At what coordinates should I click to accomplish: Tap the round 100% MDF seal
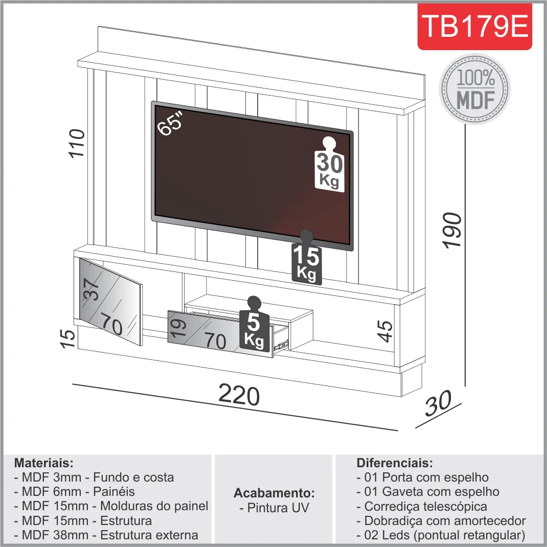tap(475, 88)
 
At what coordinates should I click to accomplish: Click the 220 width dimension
tap(239, 395)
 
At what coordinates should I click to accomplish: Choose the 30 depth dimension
tap(439, 404)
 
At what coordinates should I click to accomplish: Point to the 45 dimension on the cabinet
tap(386, 331)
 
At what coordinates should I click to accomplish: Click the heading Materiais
tap(44, 463)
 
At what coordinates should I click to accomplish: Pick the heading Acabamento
tap(274, 493)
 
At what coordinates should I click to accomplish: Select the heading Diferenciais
tap(394, 463)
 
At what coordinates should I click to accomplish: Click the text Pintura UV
tap(274, 508)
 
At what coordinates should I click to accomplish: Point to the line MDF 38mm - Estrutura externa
tap(106, 535)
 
